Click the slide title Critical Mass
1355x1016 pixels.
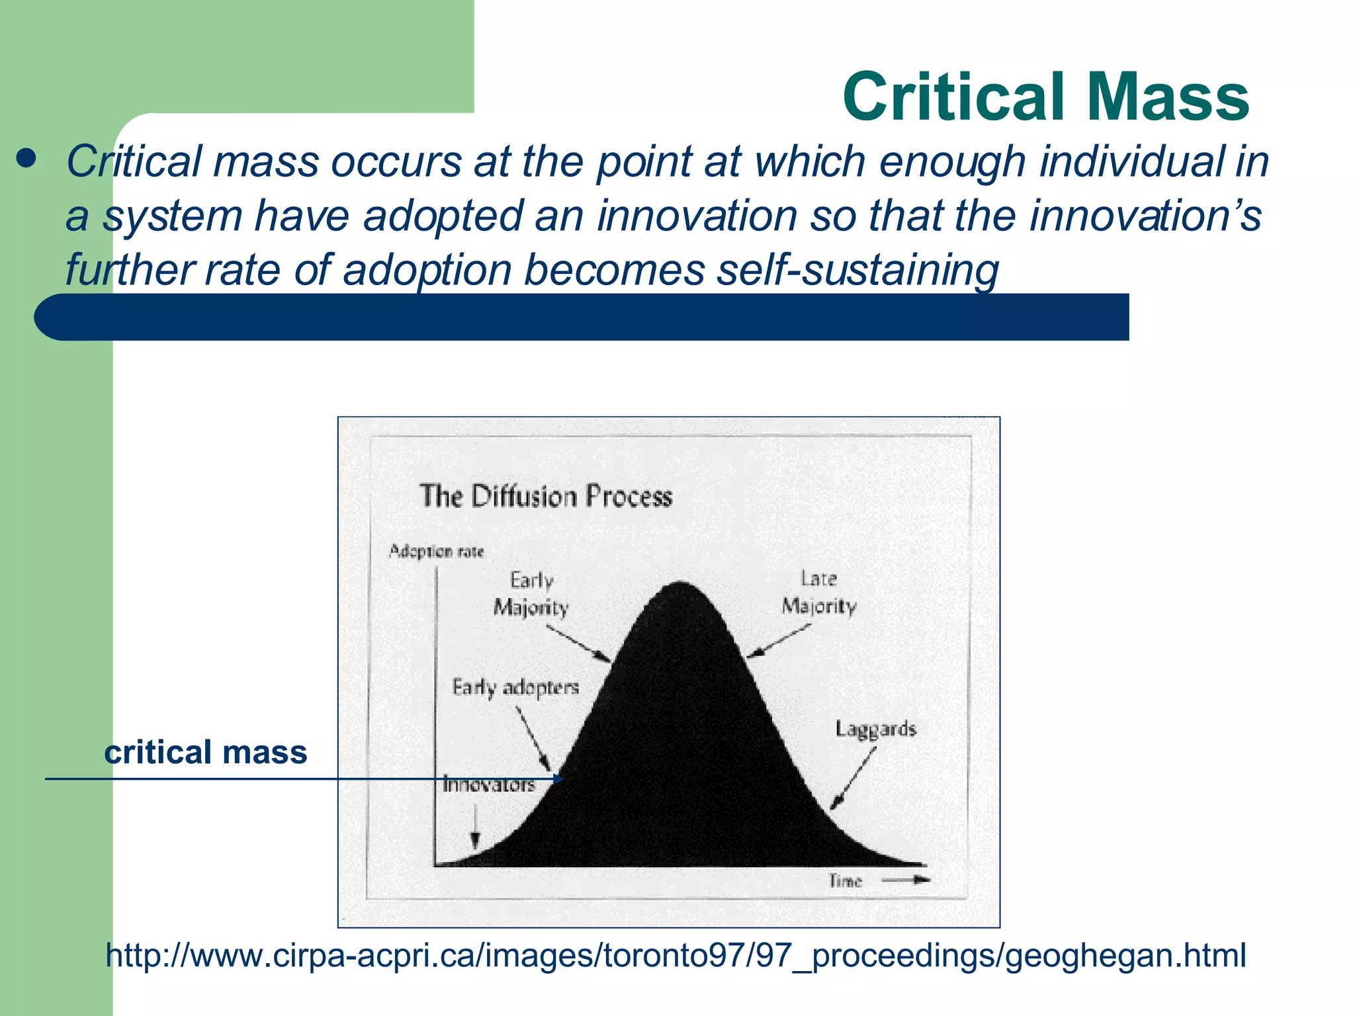tap(1045, 97)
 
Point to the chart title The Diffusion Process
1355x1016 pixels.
tap(546, 496)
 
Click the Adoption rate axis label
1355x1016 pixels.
tap(436, 551)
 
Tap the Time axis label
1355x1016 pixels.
tap(845, 880)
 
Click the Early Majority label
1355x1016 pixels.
tap(531, 594)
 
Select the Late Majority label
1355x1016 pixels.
tap(819, 593)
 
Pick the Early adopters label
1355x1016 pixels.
tap(515, 687)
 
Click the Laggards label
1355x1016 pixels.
tap(875, 729)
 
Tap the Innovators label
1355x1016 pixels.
tap(488, 785)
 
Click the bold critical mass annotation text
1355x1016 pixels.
tap(205, 753)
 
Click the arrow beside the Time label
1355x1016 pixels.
tap(906, 880)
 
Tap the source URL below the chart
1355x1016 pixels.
tap(676, 955)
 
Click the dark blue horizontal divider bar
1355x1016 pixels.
tap(582, 317)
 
